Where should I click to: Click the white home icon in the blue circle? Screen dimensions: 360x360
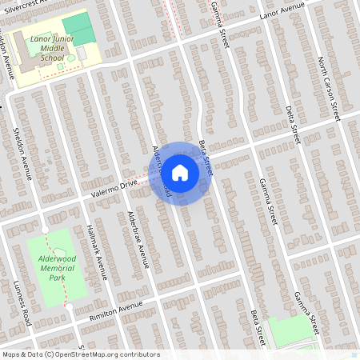click(x=180, y=173)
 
